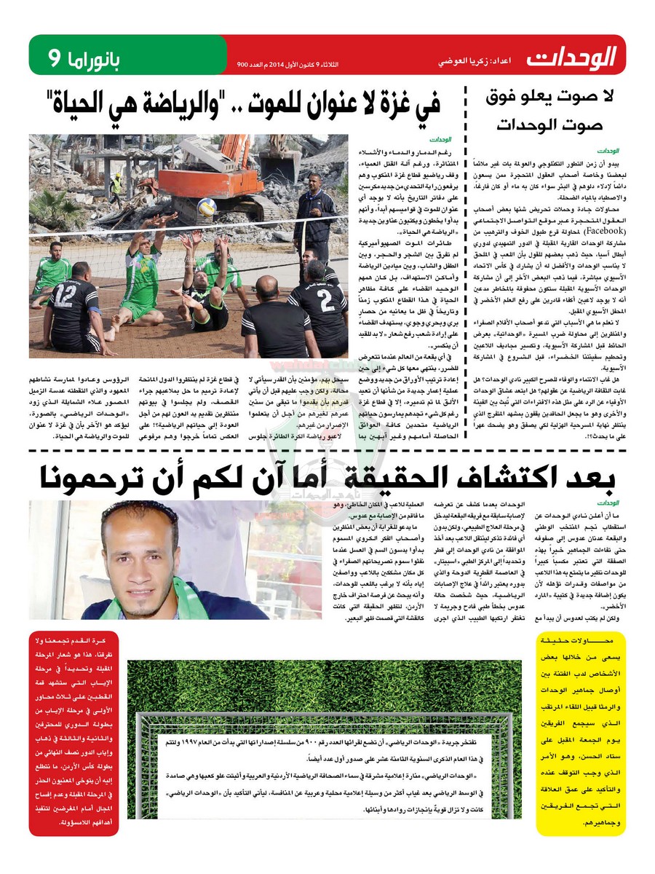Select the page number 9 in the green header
[x=55, y=57]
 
